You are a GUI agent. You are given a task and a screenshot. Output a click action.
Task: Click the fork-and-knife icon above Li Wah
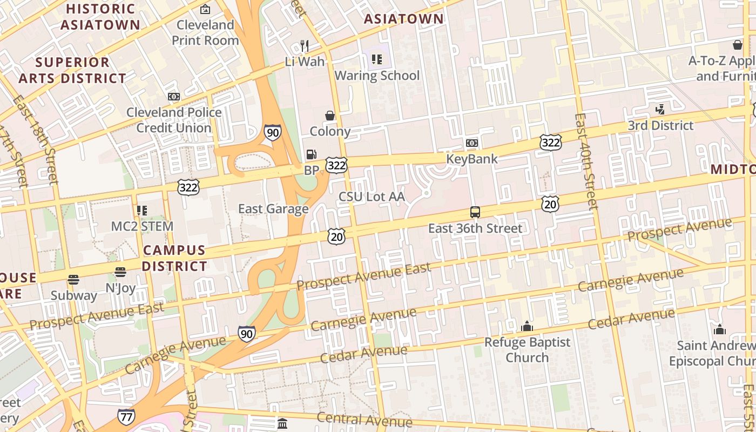pyautogui.click(x=305, y=46)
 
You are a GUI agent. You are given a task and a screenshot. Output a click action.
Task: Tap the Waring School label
pyautogui.click(x=377, y=75)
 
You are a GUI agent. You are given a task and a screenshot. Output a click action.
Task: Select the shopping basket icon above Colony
pyautogui.click(x=329, y=116)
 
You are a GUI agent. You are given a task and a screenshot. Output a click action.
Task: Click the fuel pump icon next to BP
pyautogui.click(x=311, y=154)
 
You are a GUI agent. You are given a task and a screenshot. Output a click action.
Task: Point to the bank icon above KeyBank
pyautogui.click(x=472, y=143)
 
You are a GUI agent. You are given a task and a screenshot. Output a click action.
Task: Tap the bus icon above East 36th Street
pyautogui.click(x=475, y=212)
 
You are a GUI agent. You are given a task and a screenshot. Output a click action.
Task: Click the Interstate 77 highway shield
pyautogui.click(x=126, y=416)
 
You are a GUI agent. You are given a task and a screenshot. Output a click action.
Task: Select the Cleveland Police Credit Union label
pyautogui.click(x=174, y=120)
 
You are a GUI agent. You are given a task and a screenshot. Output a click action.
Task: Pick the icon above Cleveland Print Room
pyautogui.click(x=205, y=9)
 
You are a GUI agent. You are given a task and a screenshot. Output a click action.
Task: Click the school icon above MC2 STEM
pyautogui.click(x=142, y=210)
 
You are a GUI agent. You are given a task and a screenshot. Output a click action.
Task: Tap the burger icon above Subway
pyautogui.click(x=73, y=280)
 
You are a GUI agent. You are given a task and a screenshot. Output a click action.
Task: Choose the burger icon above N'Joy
pyautogui.click(x=120, y=272)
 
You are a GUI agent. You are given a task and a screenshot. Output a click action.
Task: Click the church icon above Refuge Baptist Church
pyautogui.click(x=527, y=326)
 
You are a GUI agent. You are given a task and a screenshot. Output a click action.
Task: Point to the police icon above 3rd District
pyautogui.click(x=660, y=110)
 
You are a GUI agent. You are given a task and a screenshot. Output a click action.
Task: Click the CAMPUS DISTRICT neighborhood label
pyautogui.click(x=174, y=258)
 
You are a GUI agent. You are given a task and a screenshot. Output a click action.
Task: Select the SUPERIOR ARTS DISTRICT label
pyautogui.click(x=72, y=70)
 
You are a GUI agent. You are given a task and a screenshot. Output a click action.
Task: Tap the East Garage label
pyautogui.click(x=273, y=209)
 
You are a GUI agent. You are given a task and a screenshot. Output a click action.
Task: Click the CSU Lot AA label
pyautogui.click(x=372, y=197)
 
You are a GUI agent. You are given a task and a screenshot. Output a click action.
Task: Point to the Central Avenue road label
pyautogui.click(x=364, y=419)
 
